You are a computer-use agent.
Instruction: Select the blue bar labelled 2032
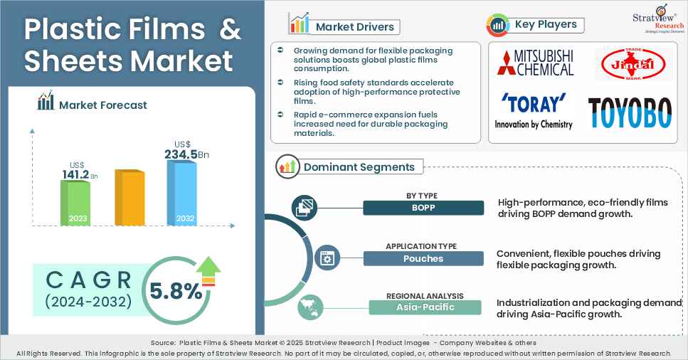[181, 193]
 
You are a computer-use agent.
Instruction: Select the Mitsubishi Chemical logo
[535, 63]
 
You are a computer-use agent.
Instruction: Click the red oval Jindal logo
[633, 66]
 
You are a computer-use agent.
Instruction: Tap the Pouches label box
[423, 258]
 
